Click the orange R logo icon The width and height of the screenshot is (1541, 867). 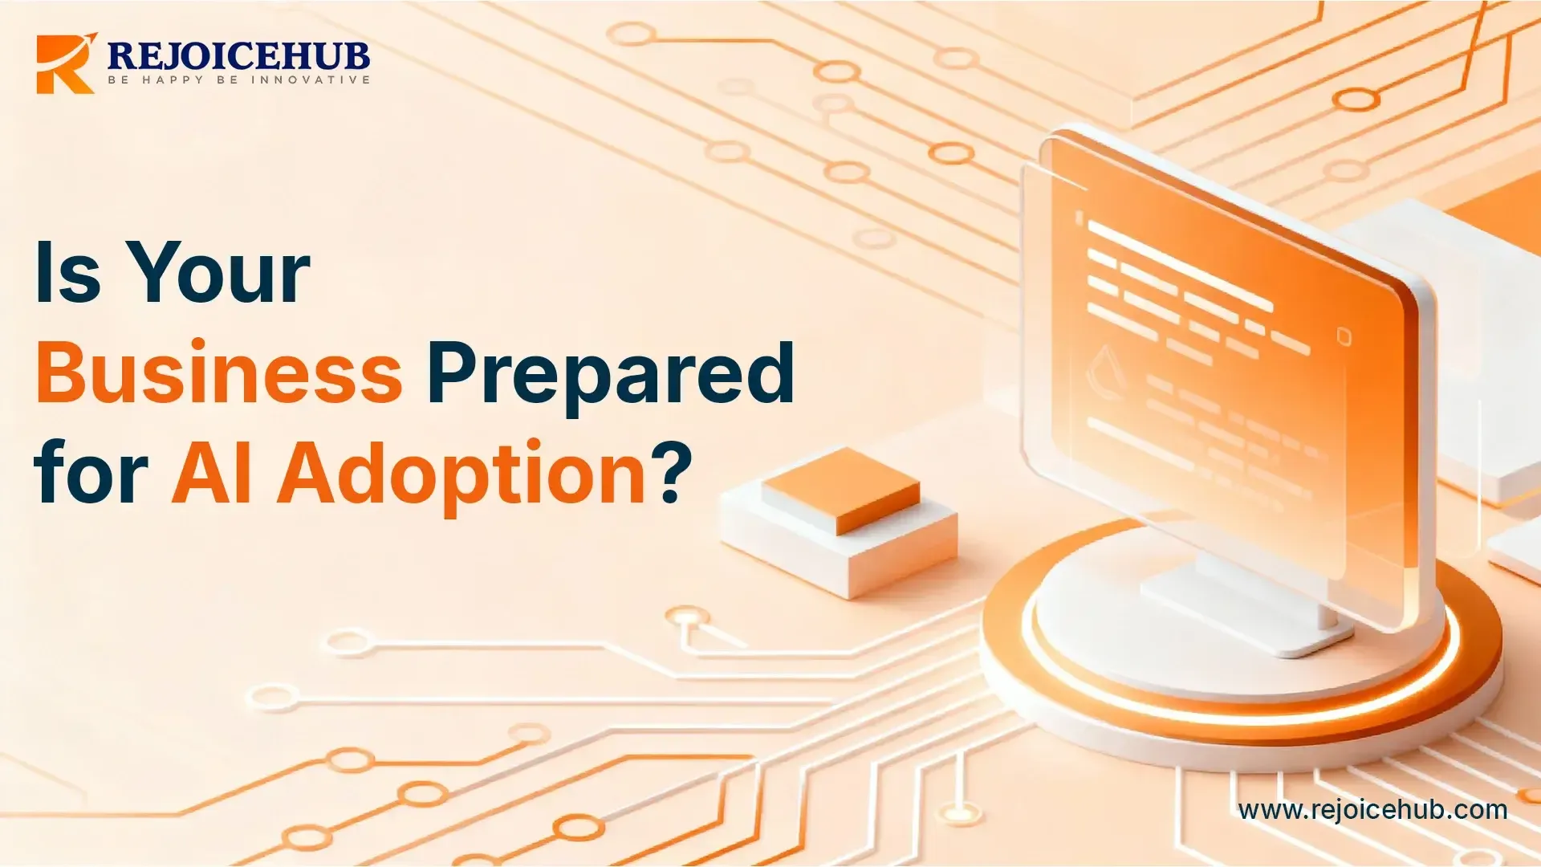click(64, 64)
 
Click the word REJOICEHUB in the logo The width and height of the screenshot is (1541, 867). click(238, 55)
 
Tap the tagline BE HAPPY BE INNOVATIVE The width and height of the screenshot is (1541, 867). click(239, 80)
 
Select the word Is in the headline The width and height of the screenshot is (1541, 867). click(68, 273)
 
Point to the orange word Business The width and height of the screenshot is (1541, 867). click(219, 372)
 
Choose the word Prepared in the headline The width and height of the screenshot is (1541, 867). click(611, 372)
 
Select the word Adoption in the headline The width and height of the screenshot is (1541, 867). click(461, 474)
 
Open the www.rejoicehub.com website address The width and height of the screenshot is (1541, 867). click(1372, 810)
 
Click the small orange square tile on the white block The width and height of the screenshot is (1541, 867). click(841, 490)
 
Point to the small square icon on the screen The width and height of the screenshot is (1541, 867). click(1344, 336)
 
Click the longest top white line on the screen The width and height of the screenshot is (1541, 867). click(1180, 265)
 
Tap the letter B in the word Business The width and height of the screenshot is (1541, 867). click(61, 372)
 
